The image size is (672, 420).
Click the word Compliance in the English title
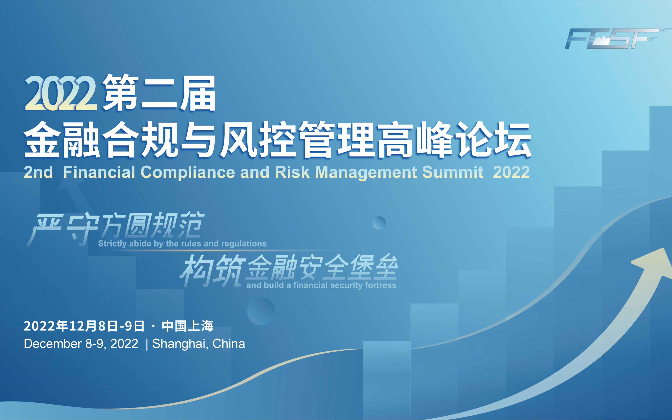click(x=188, y=172)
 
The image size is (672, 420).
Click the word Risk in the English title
click(x=292, y=172)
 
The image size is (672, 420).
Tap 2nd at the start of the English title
click(x=38, y=172)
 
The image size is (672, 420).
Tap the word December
click(x=53, y=344)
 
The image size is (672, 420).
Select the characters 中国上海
click(x=187, y=326)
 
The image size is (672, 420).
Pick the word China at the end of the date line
click(x=229, y=344)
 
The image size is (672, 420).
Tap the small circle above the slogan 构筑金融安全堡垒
click(x=379, y=223)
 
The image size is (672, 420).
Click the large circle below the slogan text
click(x=261, y=311)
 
